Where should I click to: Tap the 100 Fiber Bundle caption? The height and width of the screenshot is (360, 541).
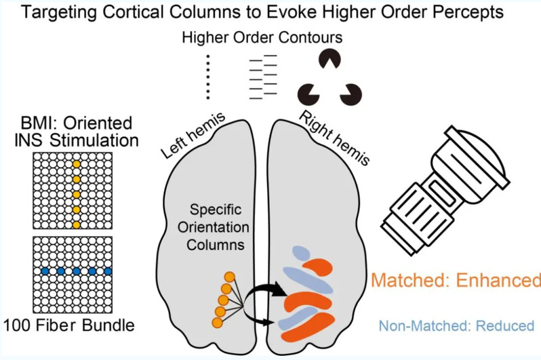coord(68,325)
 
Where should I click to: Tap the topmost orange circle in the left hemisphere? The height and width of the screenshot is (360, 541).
coord(230,276)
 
